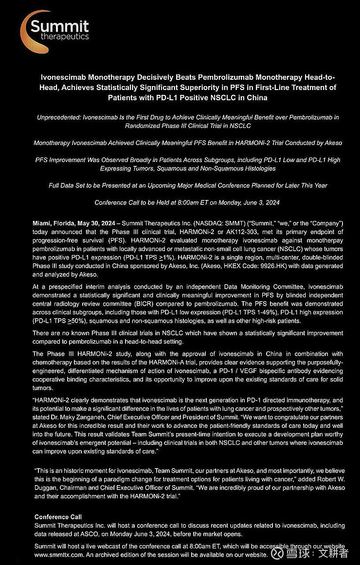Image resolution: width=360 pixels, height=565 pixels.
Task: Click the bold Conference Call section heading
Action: [x=58, y=517]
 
